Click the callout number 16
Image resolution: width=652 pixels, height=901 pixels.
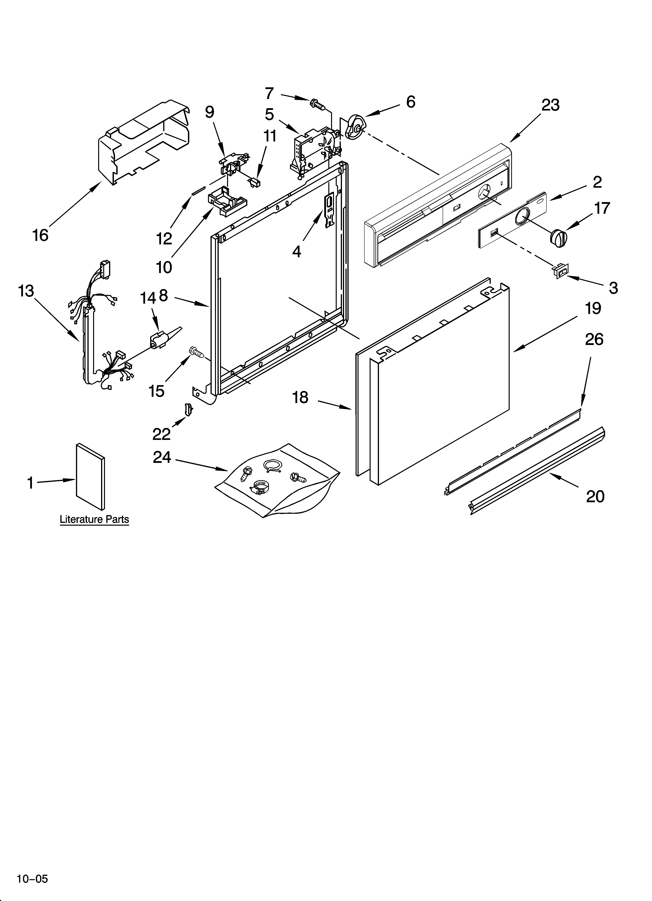tap(40, 235)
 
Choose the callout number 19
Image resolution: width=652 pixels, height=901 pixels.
tap(593, 308)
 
